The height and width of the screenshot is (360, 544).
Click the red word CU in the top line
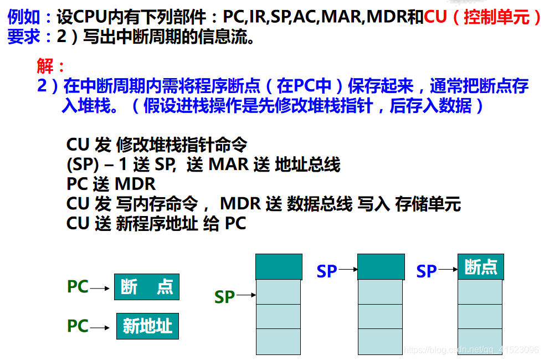point(435,16)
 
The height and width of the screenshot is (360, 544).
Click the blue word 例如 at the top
point(24,17)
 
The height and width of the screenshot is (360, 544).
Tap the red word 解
point(45,65)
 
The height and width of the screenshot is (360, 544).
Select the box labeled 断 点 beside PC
point(147,287)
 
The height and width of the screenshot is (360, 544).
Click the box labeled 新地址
point(147,326)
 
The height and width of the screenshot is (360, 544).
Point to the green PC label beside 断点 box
point(78,287)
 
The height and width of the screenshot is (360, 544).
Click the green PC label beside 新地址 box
point(78,326)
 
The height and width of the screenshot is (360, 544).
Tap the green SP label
point(224,297)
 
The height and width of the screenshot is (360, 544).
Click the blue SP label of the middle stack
point(327,271)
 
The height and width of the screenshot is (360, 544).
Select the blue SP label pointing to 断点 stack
point(427,271)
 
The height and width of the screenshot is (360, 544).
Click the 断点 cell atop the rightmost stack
point(480,267)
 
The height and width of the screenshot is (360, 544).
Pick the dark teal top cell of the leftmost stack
point(279,267)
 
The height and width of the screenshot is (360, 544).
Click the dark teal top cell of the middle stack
point(381,267)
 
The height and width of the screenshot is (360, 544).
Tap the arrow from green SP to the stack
point(246,295)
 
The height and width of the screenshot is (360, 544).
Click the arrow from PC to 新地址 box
point(100,327)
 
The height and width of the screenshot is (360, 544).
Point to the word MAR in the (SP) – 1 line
point(229,164)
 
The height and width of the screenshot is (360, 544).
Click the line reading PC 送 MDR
point(111,184)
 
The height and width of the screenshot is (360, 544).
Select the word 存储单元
point(428,204)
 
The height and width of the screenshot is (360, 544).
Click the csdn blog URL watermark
point(471,349)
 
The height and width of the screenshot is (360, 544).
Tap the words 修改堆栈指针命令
point(182,145)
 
